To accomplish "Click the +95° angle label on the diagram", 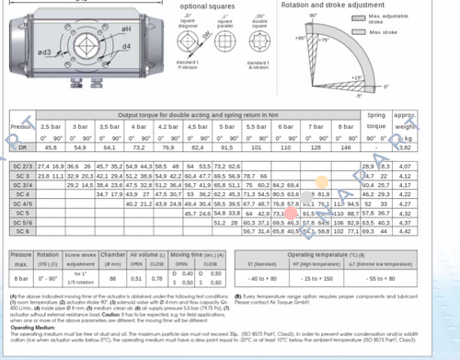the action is point(300,39).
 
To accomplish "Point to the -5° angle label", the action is point(361,93).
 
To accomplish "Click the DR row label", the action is point(21,146).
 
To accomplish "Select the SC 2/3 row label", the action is point(21,165).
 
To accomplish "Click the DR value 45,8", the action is point(50,146).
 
